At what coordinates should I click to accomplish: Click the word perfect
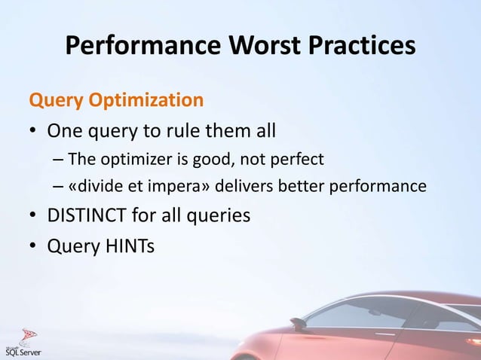296,160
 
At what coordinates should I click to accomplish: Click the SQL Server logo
23,343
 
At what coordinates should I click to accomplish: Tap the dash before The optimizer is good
59,160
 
